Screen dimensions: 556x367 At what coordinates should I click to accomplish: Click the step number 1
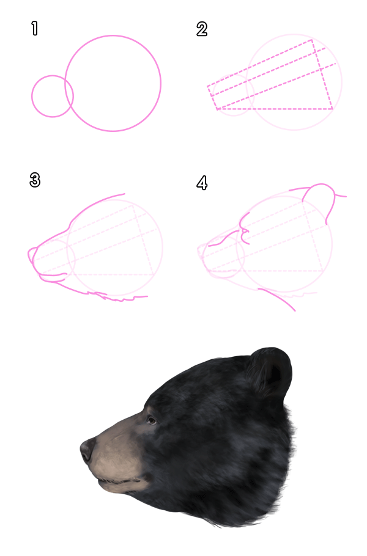point(35,28)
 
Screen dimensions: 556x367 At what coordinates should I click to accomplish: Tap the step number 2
point(202,29)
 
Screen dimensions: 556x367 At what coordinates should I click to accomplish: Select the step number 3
point(35,180)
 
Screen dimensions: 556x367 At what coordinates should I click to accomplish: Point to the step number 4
point(202,182)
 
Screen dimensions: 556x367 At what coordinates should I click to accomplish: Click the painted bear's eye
point(151,420)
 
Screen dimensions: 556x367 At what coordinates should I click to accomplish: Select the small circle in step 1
point(53,96)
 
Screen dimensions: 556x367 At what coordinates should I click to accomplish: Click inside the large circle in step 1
point(113,83)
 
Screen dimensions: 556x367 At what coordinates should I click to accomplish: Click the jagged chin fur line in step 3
point(122,298)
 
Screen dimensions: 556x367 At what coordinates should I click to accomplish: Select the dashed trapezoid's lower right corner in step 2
point(332,109)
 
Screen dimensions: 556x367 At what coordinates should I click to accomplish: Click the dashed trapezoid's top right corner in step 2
point(313,41)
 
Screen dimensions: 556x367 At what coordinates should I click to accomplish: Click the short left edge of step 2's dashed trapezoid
point(213,98)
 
